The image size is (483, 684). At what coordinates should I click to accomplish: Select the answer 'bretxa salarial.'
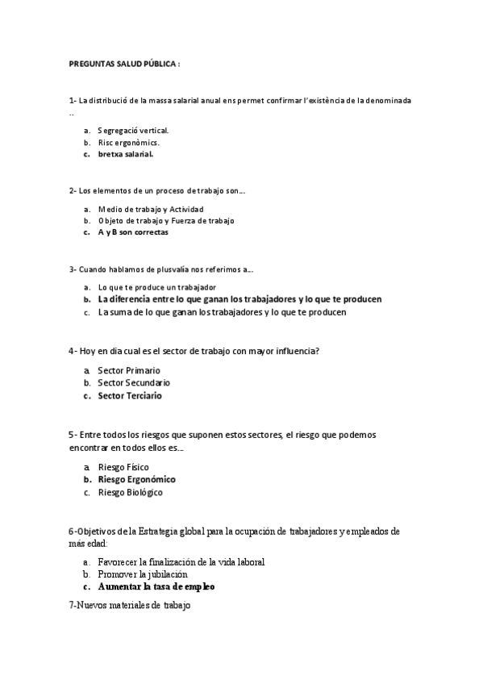point(126,154)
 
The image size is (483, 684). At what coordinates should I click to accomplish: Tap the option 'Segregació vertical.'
point(133,130)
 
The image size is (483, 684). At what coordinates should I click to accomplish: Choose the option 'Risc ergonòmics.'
point(128,142)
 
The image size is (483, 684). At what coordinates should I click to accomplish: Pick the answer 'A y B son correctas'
point(133,232)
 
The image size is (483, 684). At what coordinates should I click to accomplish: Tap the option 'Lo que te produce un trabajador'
point(156,287)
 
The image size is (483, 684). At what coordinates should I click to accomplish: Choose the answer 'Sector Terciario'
point(129,396)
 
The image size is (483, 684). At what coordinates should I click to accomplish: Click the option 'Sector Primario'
point(129,370)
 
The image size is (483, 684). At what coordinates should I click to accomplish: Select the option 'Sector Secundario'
point(133,382)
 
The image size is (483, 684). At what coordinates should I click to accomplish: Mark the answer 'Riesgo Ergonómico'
point(136,479)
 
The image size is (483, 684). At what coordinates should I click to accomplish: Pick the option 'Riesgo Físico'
point(123,467)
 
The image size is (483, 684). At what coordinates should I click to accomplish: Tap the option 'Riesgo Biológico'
point(130,492)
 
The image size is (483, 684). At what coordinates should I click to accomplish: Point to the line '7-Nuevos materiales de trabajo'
point(130,605)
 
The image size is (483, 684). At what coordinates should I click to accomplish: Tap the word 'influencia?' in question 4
point(297,351)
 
